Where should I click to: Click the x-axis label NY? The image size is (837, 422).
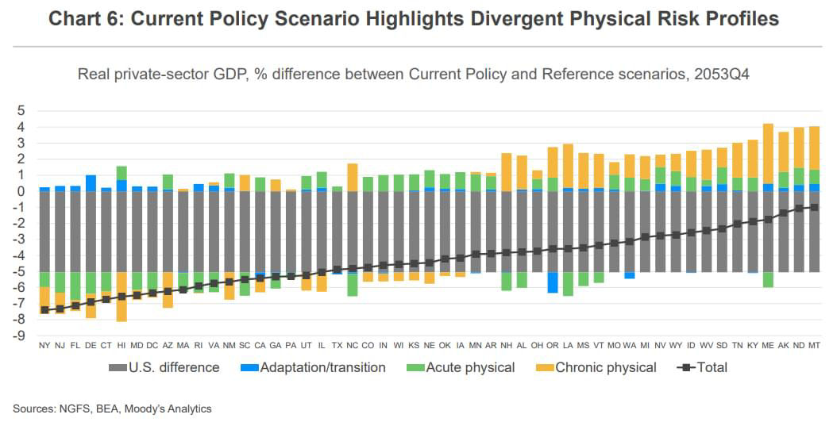(x=44, y=346)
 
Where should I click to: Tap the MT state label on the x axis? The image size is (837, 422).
(x=814, y=346)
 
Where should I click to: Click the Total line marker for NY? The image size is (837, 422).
(x=44, y=310)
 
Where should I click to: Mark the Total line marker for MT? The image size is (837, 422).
(x=814, y=207)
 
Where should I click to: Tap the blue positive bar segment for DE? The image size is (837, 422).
(x=91, y=182)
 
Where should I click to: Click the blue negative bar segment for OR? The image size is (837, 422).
(x=553, y=282)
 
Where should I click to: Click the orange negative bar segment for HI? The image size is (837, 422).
(x=121, y=308)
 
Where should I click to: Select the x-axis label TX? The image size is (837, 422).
(x=337, y=346)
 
